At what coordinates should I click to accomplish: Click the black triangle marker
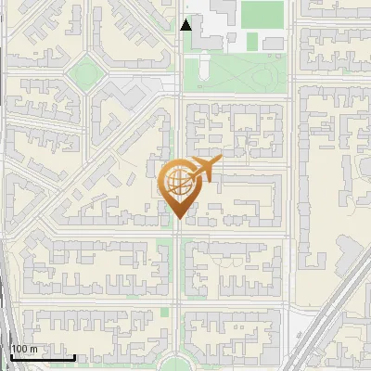coord(186,25)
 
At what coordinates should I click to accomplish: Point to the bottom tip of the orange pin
coord(177,219)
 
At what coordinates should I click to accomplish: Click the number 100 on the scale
coord(19,349)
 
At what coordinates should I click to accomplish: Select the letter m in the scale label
coord(32,349)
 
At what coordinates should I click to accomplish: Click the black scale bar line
coord(42,357)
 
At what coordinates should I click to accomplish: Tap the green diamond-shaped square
coord(86,70)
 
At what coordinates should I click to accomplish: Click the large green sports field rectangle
coord(261,14)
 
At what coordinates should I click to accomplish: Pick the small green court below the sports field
coord(249,42)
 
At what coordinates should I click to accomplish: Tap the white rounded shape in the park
coord(198,67)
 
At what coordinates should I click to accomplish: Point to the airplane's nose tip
coord(223,160)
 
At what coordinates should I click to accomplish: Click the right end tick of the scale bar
coord(75,356)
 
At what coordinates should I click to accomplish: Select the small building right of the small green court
coord(273,43)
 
